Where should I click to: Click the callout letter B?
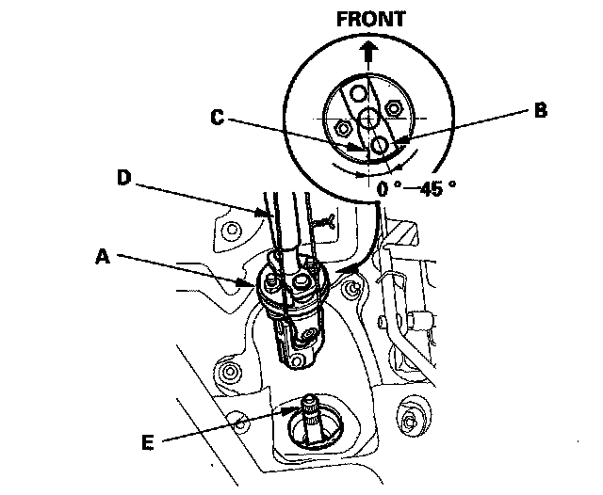[540, 110]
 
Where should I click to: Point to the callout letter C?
[218, 118]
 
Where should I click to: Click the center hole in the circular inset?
[368, 118]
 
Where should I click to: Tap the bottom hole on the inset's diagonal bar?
[379, 144]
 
